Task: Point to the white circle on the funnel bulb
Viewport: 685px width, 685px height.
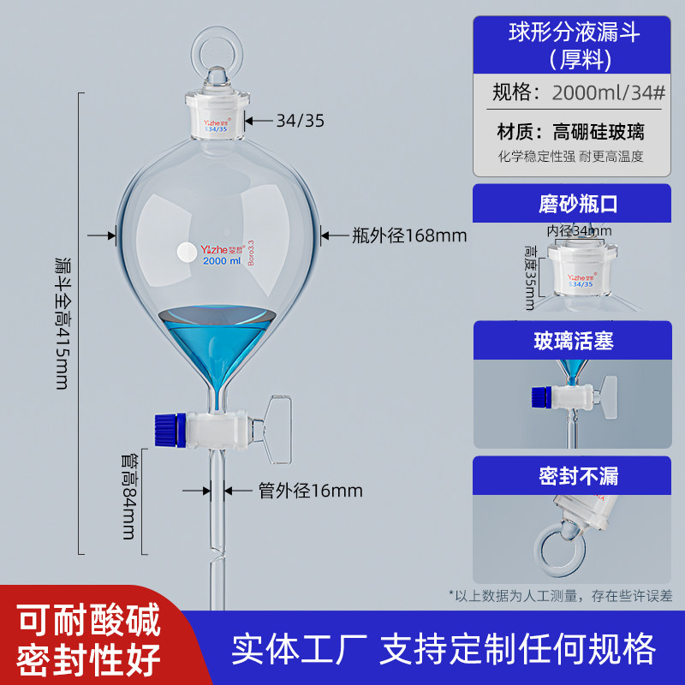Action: [187, 252]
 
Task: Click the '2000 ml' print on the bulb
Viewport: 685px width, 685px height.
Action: [222, 261]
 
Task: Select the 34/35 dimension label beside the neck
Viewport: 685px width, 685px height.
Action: [301, 121]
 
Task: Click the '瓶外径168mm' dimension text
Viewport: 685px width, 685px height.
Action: [409, 235]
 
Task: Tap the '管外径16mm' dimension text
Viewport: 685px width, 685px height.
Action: [310, 491]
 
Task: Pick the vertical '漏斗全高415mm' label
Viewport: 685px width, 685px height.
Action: [62, 324]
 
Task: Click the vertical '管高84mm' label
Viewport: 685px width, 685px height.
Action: [129, 497]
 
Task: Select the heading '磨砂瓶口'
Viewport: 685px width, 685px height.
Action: [577, 204]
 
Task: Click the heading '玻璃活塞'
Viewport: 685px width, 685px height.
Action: [574, 341]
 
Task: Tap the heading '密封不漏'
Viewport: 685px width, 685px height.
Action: [579, 476]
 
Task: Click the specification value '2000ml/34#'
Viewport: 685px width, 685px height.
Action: [609, 92]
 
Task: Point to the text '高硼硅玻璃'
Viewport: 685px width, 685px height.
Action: [598, 132]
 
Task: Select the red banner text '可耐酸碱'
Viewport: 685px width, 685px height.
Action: [89, 619]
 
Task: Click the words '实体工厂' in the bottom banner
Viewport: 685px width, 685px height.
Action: [299, 649]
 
